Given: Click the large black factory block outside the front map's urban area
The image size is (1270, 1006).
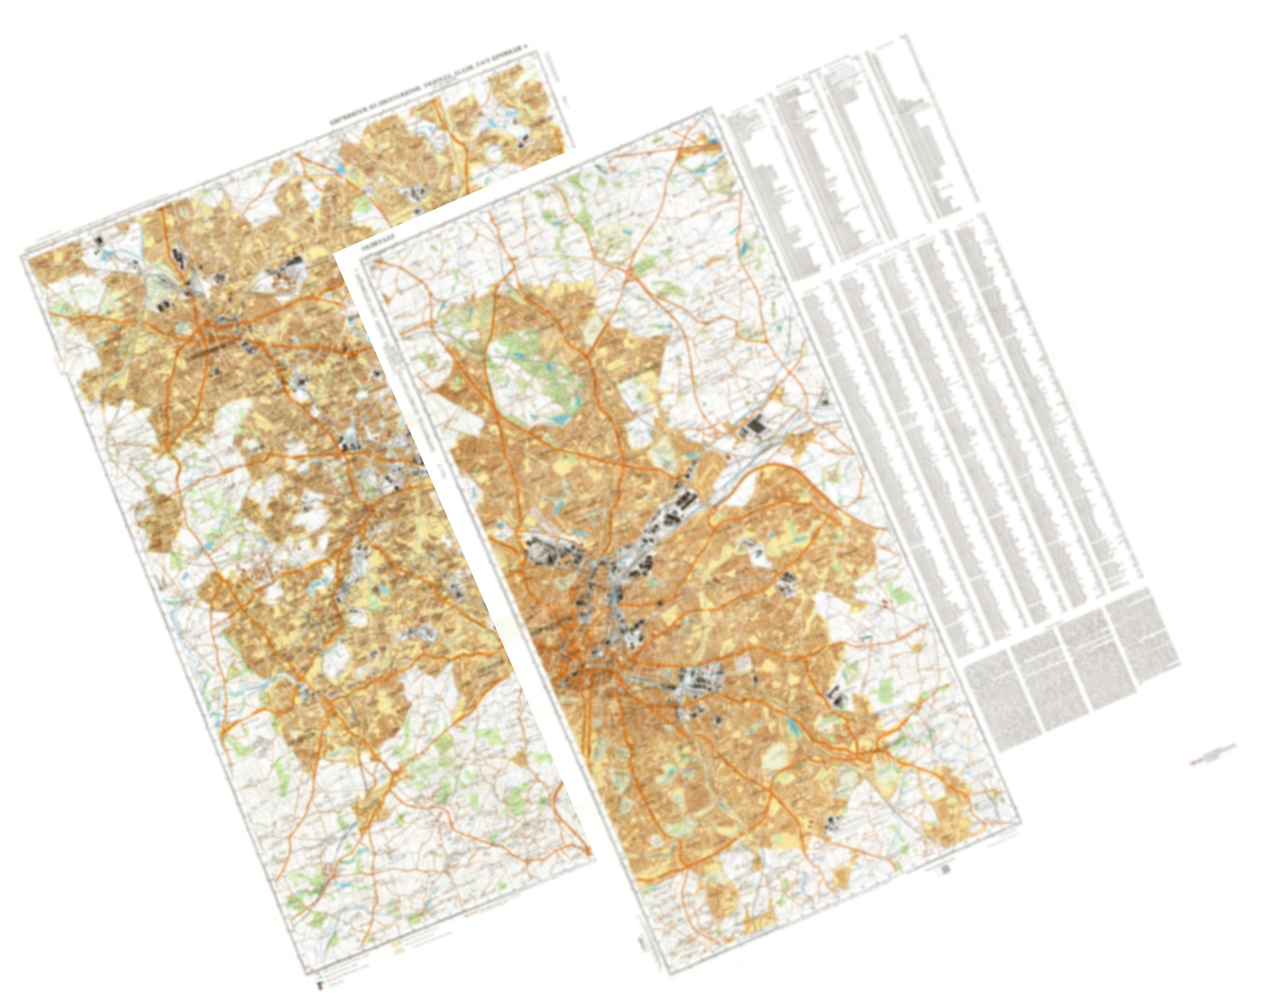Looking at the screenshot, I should coord(757,427).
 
